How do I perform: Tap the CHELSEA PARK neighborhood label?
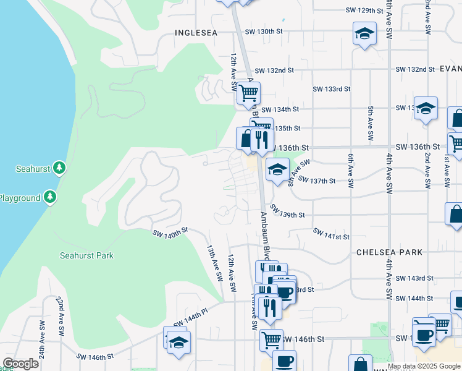[x=389, y=252]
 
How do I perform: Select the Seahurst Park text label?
[x=86, y=255]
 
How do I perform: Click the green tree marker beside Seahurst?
[x=59, y=168]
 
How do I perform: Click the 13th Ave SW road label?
[x=214, y=263]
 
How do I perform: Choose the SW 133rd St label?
[x=332, y=89]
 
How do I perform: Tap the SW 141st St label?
[x=331, y=234]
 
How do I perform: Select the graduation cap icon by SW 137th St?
[x=277, y=169]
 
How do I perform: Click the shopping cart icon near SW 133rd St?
[x=248, y=94]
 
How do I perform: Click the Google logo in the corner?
[x=20, y=364]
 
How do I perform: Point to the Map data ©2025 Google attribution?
[x=424, y=366]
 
